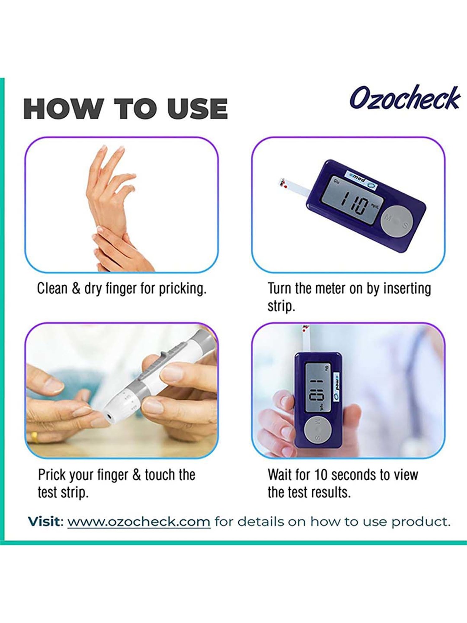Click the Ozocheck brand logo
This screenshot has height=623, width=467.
click(x=405, y=98)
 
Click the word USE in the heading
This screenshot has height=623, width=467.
click(x=197, y=109)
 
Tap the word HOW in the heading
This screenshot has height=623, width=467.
click(x=64, y=109)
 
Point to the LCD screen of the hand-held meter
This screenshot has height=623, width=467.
click(x=317, y=388)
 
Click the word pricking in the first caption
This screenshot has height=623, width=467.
click(x=182, y=288)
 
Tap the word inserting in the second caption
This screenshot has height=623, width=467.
click(x=407, y=288)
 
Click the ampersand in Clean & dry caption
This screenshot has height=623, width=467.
click(x=76, y=288)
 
